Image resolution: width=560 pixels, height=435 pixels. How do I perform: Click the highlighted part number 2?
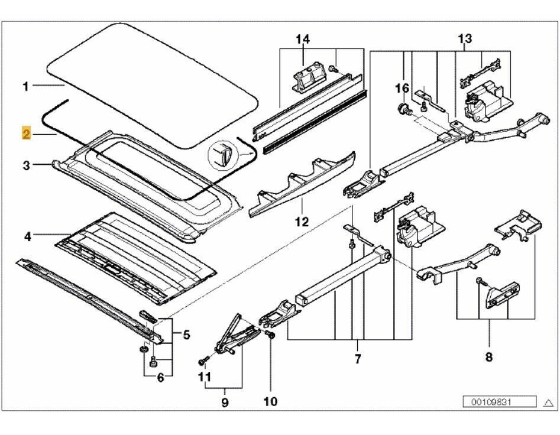point(26,134)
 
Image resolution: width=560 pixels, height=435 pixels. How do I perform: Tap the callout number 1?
point(26,87)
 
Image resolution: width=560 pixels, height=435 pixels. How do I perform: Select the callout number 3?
point(26,165)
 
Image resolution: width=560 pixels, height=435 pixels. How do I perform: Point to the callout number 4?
point(27,237)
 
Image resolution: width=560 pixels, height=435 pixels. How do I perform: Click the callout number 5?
point(186,336)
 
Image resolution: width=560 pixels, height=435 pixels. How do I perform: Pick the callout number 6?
point(160,379)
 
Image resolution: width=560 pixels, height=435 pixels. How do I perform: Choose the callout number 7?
point(357,359)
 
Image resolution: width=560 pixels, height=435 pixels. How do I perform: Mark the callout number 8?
point(489,356)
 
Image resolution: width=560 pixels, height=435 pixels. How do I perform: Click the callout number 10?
point(270,402)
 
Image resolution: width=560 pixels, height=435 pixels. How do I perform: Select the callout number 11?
point(205,376)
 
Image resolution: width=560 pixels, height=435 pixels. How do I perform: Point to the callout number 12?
point(302,222)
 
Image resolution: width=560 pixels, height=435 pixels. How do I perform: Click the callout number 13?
point(465,39)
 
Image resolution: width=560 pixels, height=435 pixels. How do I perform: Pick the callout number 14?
point(303,40)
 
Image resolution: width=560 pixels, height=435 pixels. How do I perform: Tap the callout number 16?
point(402,88)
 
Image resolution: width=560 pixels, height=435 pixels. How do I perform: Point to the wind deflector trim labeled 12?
point(302,183)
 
